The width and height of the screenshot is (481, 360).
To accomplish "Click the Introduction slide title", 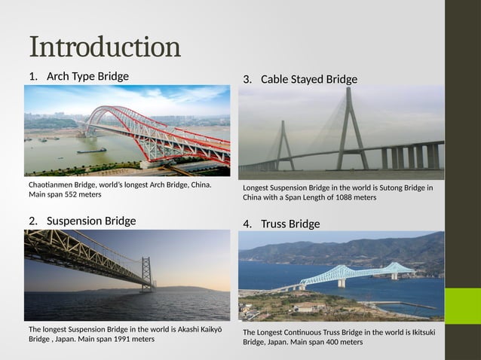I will (105, 47).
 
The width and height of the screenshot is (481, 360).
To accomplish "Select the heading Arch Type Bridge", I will (87, 76).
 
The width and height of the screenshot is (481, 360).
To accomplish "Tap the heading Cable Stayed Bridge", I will (309, 79).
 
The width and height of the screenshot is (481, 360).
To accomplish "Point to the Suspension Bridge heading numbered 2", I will (91, 221).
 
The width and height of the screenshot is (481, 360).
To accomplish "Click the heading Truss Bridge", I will (290, 224).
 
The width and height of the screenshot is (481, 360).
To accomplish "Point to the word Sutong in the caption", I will (361, 188).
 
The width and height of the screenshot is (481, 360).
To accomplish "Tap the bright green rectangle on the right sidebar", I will (462, 306).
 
